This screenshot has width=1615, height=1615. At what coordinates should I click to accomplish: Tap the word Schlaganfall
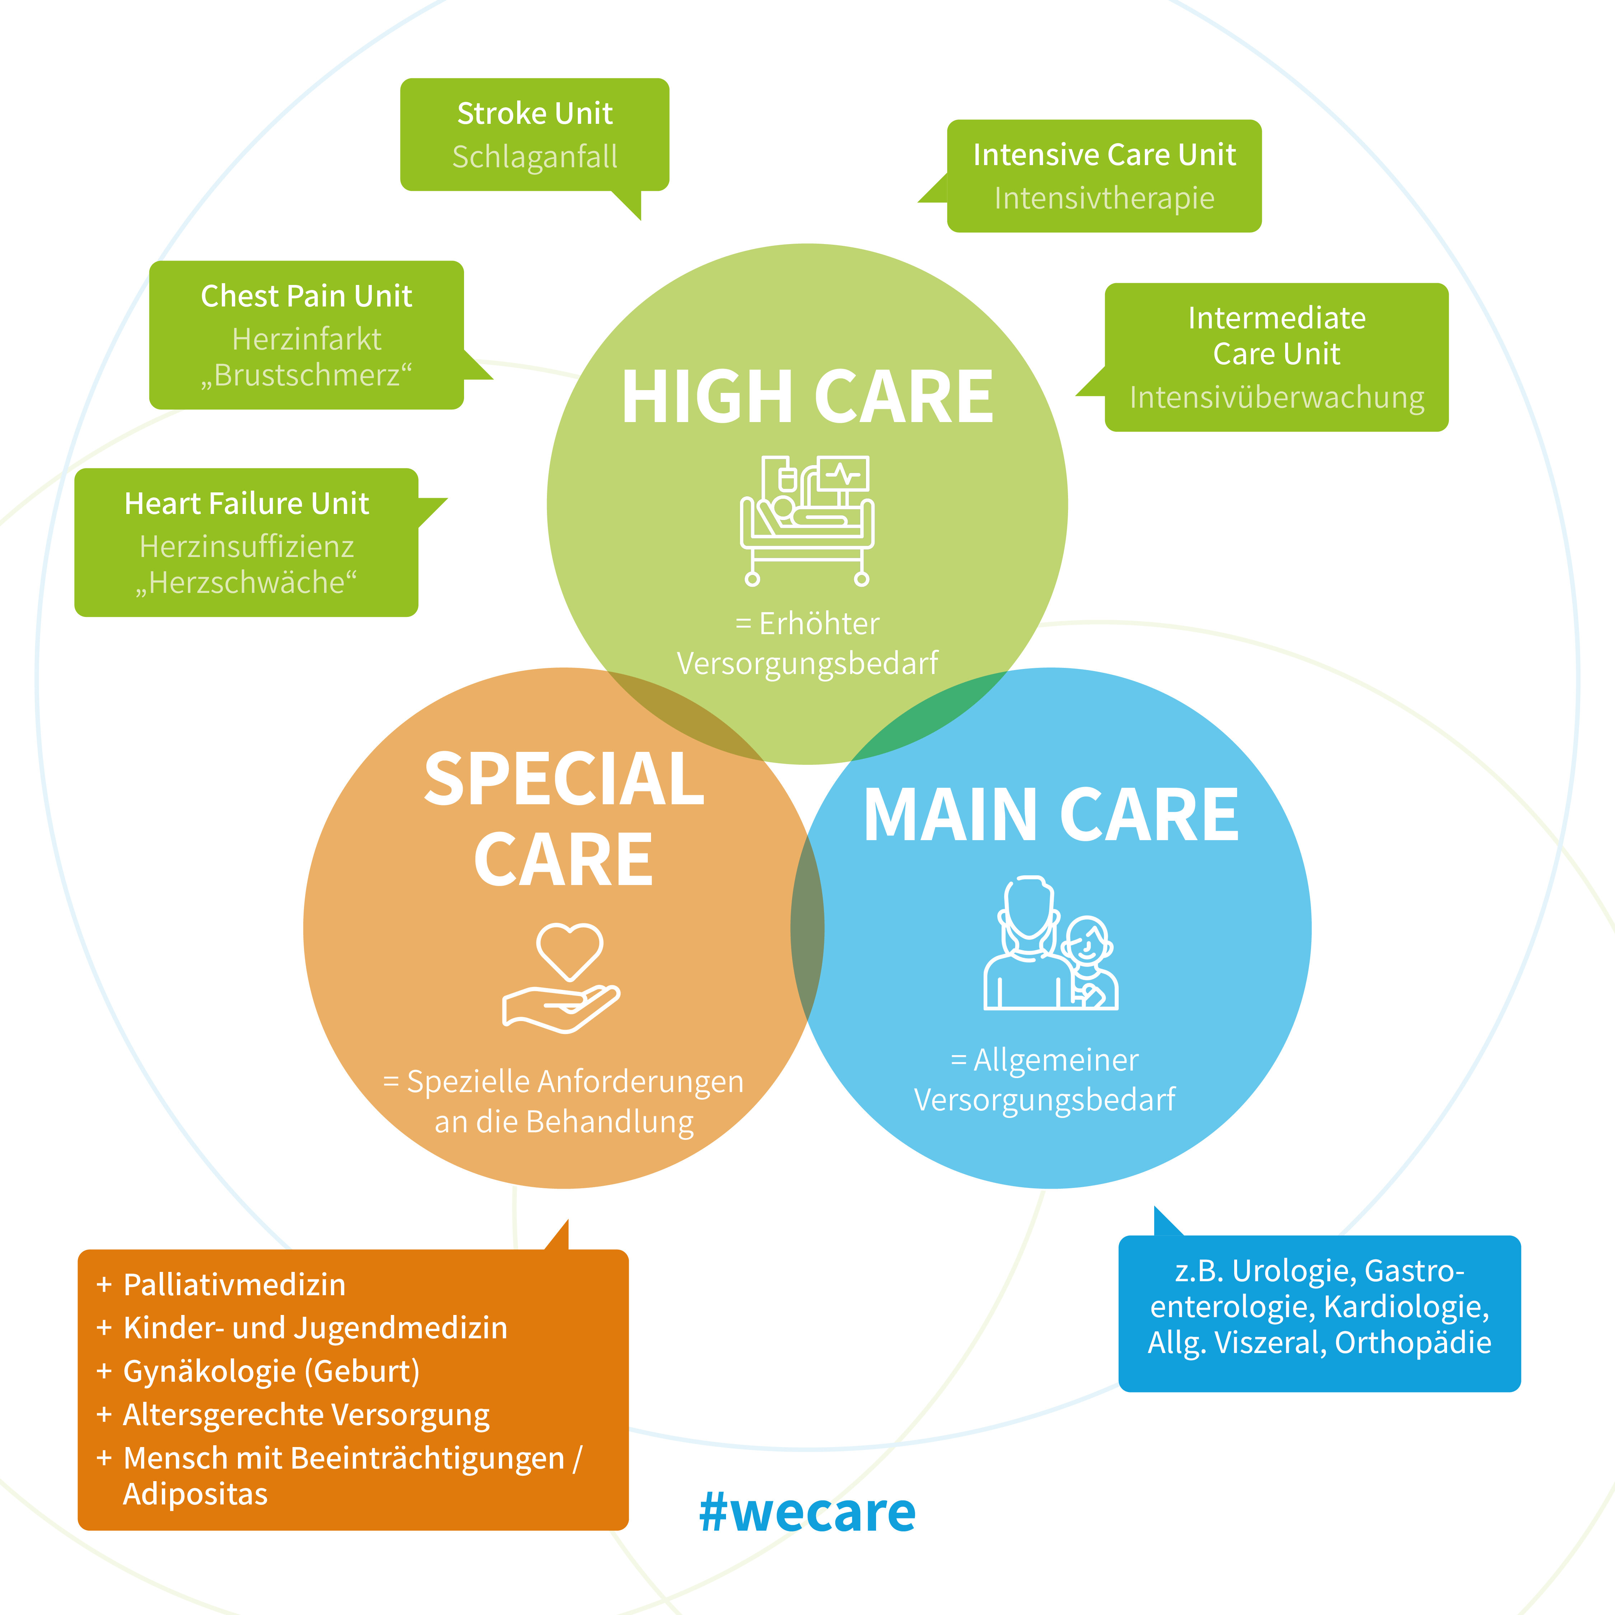click(x=535, y=157)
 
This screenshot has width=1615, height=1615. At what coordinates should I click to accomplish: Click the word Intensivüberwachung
click(x=1277, y=398)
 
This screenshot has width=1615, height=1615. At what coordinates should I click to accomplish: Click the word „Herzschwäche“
click(x=247, y=582)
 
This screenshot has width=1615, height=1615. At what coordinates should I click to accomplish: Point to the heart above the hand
click(x=569, y=950)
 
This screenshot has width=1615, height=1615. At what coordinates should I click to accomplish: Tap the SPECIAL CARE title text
click(x=564, y=819)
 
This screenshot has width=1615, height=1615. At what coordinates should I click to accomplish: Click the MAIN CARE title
click(x=1051, y=816)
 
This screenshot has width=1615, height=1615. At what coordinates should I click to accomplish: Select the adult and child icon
click(x=1051, y=945)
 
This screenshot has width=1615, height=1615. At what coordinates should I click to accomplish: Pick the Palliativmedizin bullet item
click(x=234, y=1285)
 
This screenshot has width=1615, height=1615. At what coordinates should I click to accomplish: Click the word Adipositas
click(x=196, y=1494)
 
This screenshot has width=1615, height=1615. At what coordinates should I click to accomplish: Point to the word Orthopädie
click(x=1413, y=1343)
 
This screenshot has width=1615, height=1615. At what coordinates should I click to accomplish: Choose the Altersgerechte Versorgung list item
click(x=306, y=1415)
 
